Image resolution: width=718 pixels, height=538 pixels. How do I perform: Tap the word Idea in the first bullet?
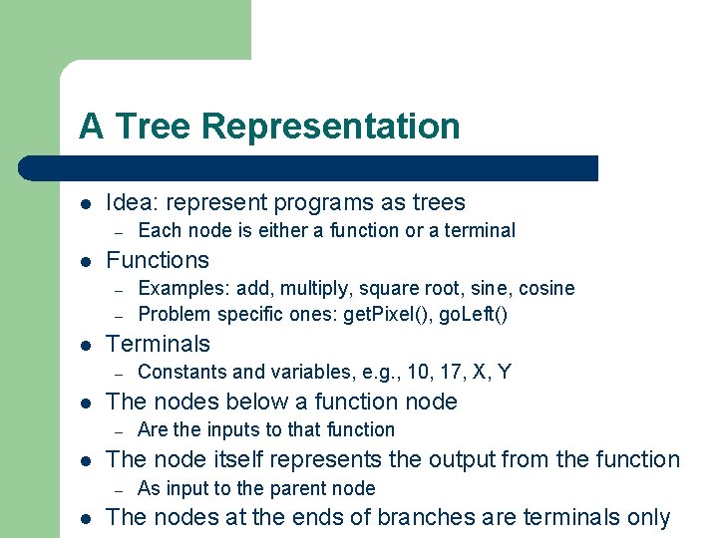pyautogui.click(x=130, y=202)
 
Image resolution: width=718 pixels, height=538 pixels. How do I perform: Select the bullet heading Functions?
pyautogui.click(x=158, y=260)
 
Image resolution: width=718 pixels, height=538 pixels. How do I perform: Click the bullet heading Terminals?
pyautogui.click(x=158, y=344)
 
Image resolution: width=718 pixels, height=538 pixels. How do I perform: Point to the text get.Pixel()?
pyautogui.click(x=383, y=314)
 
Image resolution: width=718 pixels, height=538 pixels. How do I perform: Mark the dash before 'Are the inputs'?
pyautogui.click(x=117, y=430)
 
